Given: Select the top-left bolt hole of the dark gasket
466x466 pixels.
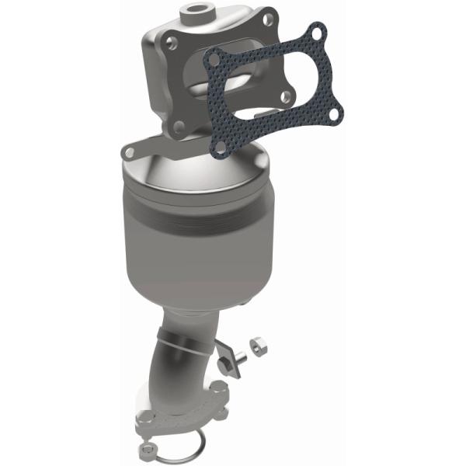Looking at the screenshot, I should click(x=217, y=56).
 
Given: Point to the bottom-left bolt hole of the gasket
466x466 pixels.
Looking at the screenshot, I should click(x=220, y=146).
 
